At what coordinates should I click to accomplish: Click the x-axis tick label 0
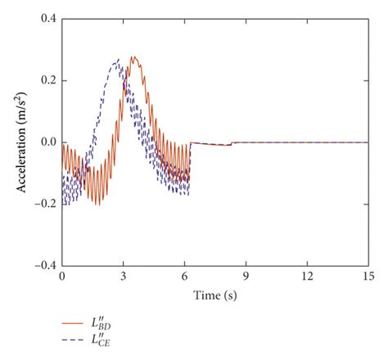click(61, 277)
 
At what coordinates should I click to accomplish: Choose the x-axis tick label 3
click(123, 277)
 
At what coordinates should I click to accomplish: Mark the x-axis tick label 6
click(184, 277)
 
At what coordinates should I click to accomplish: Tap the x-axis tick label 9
click(246, 277)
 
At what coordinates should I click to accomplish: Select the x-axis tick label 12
click(306, 277)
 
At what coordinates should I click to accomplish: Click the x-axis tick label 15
click(368, 277)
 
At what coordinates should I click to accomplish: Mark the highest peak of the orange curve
click(133, 56)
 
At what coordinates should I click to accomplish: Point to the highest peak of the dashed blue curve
click(119, 59)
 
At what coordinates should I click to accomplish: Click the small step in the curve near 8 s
click(232, 143)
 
